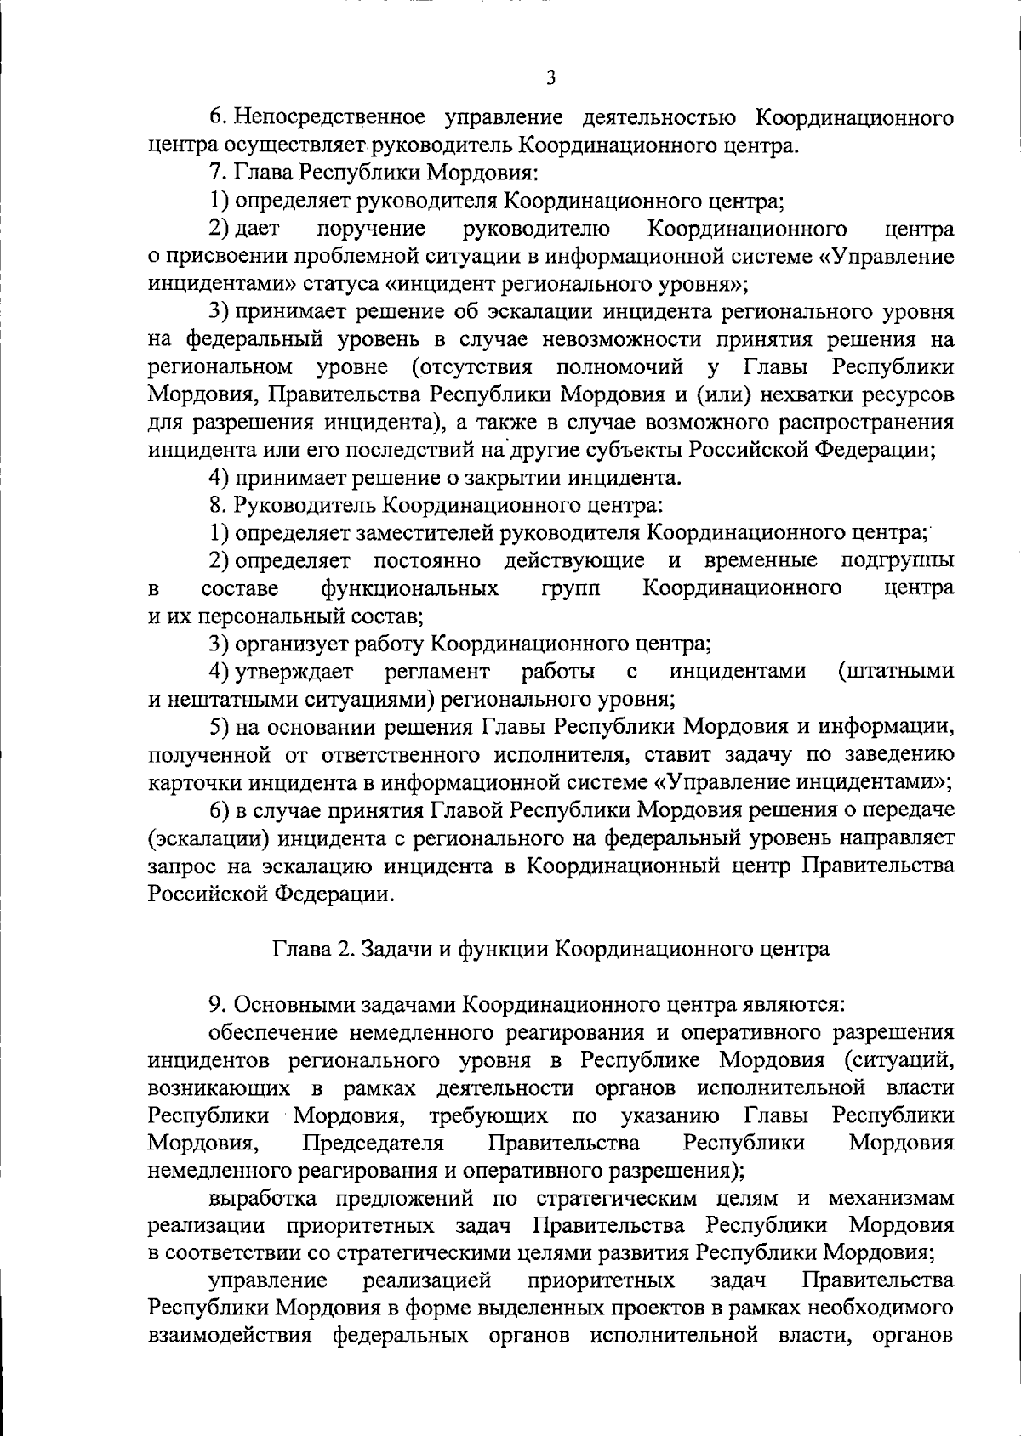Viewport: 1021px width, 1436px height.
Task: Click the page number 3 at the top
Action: coord(551,78)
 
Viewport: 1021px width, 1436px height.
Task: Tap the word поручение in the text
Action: coord(370,229)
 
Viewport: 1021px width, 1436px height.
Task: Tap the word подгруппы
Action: coord(897,561)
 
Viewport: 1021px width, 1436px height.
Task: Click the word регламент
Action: coord(437,672)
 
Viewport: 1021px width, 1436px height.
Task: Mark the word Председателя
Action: coord(373,1142)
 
